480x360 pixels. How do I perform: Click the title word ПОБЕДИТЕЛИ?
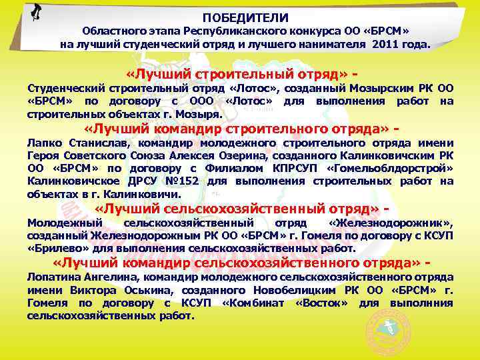point(245,18)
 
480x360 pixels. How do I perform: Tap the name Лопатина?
point(51,277)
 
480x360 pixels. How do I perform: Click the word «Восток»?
point(319,303)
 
